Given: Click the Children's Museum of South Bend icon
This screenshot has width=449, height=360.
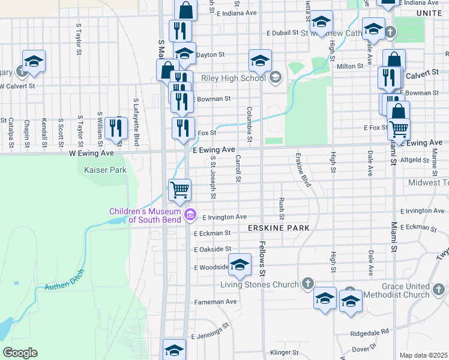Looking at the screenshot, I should (190, 214).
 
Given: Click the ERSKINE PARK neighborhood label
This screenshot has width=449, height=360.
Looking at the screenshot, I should (279, 228).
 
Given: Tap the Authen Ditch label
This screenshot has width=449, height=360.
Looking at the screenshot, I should (65, 279).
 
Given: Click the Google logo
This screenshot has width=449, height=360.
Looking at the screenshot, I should (20, 353).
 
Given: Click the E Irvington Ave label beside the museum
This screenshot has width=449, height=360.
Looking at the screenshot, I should (224, 217).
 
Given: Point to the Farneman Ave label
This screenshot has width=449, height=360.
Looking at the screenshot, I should (215, 301).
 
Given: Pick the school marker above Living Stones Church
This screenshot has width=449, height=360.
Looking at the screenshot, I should (240, 265).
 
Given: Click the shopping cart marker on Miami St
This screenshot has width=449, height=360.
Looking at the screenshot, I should (399, 128).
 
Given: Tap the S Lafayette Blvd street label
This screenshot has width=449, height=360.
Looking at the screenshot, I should (136, 122).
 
